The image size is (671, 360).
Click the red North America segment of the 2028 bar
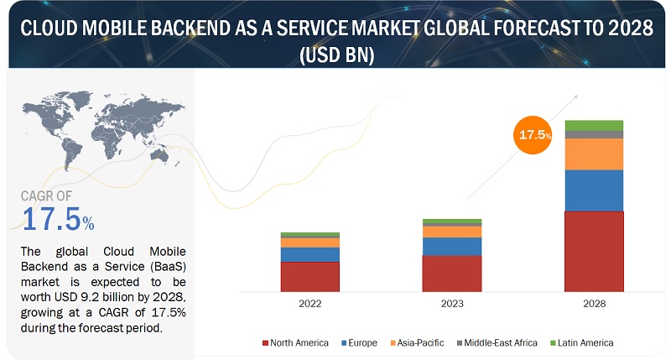point(594,250)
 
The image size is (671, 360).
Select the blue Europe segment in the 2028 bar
point(594,190)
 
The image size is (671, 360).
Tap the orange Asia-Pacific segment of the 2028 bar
point(594,154)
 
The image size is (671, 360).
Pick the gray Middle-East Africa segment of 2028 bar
point(594,134)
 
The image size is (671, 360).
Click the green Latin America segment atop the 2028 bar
point(594,125)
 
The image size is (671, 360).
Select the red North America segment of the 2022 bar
point(309,275)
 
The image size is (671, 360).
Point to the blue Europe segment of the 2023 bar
point(452,246)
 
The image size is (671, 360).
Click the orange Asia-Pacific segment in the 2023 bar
point(452,232)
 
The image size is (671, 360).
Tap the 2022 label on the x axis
point(309,304)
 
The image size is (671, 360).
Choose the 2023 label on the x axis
point(452,304)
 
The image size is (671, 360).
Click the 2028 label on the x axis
point(594,304)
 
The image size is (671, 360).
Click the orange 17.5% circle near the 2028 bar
point(533,135)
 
